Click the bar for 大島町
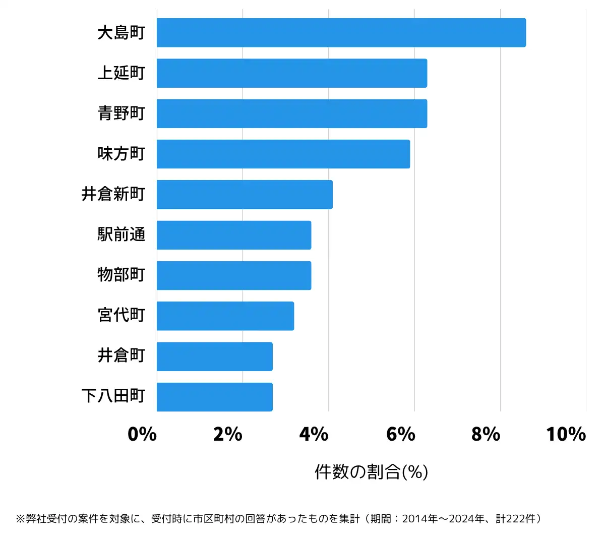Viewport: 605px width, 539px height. point(341,33)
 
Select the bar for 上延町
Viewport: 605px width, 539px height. point(291,73)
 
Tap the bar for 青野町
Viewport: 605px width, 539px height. point(291,113)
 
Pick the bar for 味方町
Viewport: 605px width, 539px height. point(283,154)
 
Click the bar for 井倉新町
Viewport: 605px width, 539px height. point(245,194)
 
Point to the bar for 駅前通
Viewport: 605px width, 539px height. point(233,235)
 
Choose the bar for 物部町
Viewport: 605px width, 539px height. point(233,275)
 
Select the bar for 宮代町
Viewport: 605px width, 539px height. point(225,316)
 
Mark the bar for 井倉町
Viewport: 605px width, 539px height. point(214,356)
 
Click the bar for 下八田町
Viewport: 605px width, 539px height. point(214,397)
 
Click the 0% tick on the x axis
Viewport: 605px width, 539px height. point(142,434)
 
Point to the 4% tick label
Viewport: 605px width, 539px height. point(314,434)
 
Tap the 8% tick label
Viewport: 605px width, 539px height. point(486,434)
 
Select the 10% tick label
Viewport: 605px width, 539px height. point(566,434)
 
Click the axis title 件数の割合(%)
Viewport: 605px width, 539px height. point(372,472)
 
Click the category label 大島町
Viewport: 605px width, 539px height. point(121,33)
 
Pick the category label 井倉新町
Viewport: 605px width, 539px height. point(113,194)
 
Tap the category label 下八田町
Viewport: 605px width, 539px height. point(113,396)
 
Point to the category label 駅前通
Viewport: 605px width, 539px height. point(121,235)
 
